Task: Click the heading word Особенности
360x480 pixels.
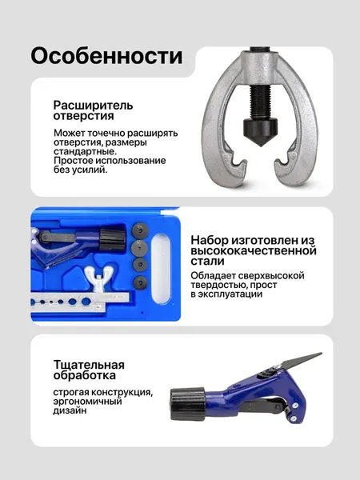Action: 106,56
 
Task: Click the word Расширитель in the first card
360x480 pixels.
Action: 93,106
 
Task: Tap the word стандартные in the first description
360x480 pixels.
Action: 84,151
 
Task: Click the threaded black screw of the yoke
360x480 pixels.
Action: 261,102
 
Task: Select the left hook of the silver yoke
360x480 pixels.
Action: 234,168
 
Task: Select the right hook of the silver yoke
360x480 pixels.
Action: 286,167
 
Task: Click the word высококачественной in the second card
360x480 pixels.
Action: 254,250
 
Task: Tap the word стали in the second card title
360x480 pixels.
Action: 207,261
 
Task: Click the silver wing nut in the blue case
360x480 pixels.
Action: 99,278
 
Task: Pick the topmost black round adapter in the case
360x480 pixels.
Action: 141,230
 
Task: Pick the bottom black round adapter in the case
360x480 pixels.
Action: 141,282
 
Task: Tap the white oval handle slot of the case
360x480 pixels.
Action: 161,269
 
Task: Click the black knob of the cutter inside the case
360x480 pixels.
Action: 112,238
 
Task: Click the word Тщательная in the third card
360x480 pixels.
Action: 89,365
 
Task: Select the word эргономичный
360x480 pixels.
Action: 87,402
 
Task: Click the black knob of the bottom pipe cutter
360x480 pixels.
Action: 188,403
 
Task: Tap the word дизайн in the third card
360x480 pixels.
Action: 70,410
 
